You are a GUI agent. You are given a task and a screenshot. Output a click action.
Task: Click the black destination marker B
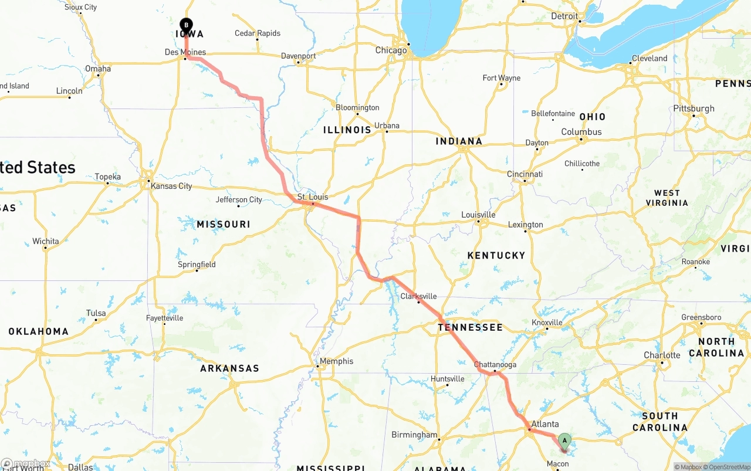[x=186, y=25]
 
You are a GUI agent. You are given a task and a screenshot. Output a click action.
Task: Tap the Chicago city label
[x=391, y=50]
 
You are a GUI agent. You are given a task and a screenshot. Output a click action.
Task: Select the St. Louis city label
[x=313, y=197]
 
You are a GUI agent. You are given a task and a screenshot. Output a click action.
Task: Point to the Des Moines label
[x=185, y=52]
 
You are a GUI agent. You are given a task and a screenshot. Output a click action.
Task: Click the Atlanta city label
[x=545, y=424]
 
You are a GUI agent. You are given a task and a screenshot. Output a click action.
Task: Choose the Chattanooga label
[x=495, y=364]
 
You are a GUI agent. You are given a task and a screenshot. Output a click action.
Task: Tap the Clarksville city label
[x=418, y=296]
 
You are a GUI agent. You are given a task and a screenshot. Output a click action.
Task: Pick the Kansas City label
[x=171, y=186]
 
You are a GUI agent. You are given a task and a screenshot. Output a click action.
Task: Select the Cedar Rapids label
[x=258, y=33]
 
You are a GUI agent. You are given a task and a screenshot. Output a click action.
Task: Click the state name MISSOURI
[x=224, y=224]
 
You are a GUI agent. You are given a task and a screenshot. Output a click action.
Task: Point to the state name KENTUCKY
[x=496, y=255]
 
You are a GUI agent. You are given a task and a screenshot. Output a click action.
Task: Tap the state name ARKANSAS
[x=229, y=368]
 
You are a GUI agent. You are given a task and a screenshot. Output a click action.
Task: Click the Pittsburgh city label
[x=694, y=109]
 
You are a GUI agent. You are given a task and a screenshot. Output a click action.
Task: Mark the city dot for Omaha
[x=99, y=76]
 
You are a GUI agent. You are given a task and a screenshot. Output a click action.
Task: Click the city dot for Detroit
[x=580, y=22]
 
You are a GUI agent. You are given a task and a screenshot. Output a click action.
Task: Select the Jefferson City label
[x=239, y=200]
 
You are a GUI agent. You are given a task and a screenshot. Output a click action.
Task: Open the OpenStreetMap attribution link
[x=729, y=467]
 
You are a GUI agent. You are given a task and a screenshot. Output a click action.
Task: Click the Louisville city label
[x=478, y=215]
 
